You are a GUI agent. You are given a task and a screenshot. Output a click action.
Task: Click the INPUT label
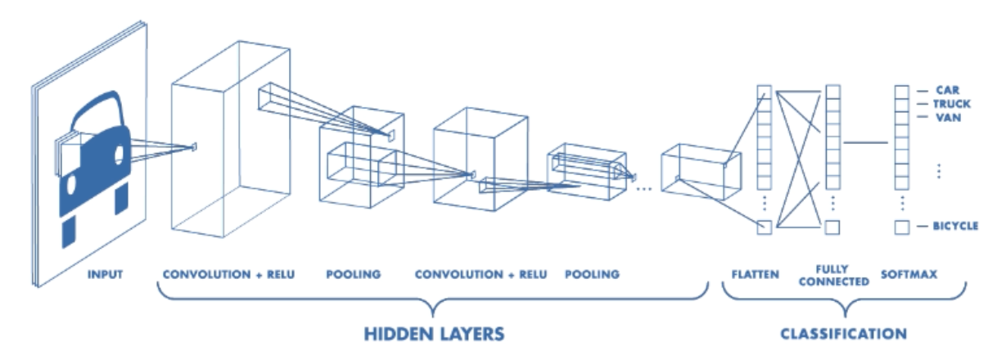coord(105,274)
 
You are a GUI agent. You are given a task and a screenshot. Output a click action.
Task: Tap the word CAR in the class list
coord(948,90)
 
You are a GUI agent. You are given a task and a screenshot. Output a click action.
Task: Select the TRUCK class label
coord(952,104)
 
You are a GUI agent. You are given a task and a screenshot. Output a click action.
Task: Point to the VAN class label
coord(949,118)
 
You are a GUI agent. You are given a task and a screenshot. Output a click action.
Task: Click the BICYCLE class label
coord(955,226)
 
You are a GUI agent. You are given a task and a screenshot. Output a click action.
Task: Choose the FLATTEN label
coord(756,274)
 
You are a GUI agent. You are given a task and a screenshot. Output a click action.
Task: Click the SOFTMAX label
coord(909,274)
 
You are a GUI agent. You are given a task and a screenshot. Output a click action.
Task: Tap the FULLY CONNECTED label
coord(833,276)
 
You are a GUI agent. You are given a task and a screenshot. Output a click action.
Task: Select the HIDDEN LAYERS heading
coord(434,334)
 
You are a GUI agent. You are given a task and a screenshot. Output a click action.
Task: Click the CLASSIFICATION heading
coord(843,334)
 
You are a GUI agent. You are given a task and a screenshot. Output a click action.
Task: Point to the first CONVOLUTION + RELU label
coord(228,274)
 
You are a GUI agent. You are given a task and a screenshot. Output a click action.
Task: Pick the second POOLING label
coord(592,274)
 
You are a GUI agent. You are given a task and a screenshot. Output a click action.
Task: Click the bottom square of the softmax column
coord(902,227)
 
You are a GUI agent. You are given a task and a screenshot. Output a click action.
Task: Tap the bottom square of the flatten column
coord(765,227)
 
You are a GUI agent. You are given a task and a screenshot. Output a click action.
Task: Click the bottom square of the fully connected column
coord(832,227)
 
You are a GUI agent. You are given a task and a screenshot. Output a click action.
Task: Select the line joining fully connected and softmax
coord(865,143)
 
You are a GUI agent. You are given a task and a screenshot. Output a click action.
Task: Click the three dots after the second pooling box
coord(644,190)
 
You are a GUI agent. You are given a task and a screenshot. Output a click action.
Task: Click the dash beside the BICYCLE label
coord(923,227)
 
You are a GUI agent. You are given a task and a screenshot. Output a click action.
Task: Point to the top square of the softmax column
coord(902,92)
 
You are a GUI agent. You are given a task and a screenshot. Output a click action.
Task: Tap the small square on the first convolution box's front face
coord(194,146)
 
